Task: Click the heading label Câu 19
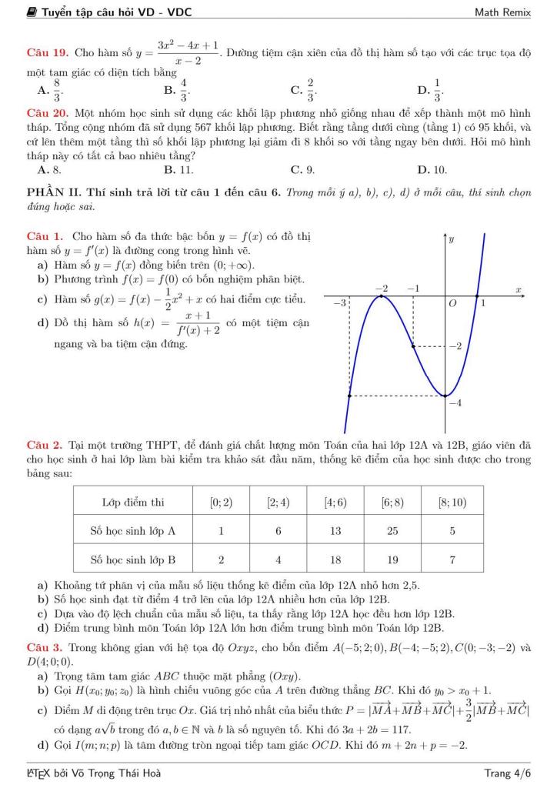(x=44, y=52)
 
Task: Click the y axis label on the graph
(x=452, y=240)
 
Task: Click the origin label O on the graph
(x=453, y=304)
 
